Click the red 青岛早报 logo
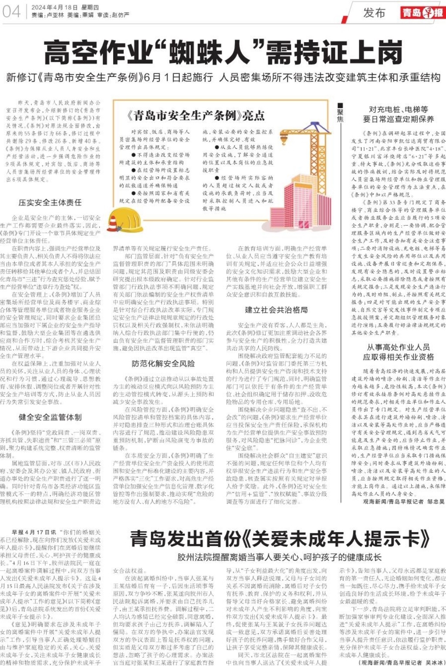(422, 12)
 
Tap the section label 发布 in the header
(374, 13)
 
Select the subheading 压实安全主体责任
(50, 202)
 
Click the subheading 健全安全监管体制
(50, 417)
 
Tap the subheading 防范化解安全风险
(163, 364)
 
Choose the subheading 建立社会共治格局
(276, 310)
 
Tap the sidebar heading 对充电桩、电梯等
(398, 110)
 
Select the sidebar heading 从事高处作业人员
(398, 347)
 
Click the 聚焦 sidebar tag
(340, 112)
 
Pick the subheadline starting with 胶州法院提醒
(279, 557)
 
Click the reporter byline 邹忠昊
(436, 501)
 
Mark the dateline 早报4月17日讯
(34, 532)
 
